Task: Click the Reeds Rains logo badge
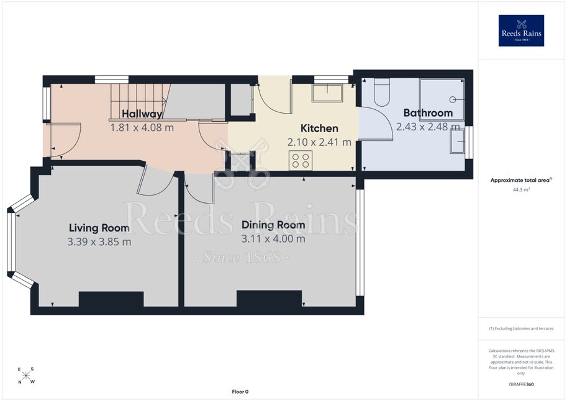pos(521,30)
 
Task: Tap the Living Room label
pos(99,228)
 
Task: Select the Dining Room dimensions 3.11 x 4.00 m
pos(273,238)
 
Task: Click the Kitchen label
pos(319,128)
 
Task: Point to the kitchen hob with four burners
pos(300,160)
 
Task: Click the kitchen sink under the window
pos(327,94)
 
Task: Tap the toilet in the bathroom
pos(381,92)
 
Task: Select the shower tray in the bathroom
pos(442,99)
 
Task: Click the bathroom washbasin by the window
pos(458,142)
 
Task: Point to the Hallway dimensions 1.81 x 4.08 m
pos(142,128)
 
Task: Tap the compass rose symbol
pos(26,376)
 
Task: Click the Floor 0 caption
pos(240,392)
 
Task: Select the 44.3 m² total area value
pos(521,189)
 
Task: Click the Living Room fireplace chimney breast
pos(111,299)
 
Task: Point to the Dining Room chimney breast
pos(269,299)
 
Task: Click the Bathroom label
pos(428,113)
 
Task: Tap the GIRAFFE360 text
pos(521,384)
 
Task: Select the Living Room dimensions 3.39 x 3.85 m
pos(99,241)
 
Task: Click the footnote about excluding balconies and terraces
pos(521,328)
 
